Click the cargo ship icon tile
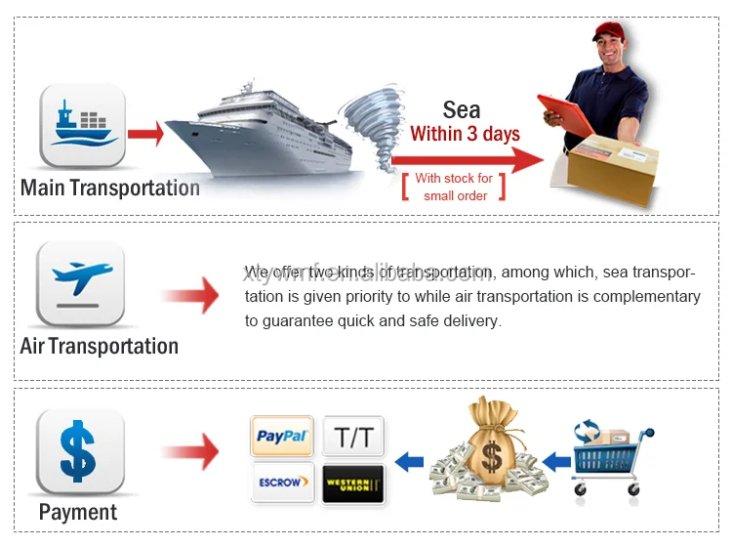(82, 125)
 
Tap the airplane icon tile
(81, 286)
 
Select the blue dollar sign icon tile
(80, 452)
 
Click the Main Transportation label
(109, 187)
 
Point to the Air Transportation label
(99, 346)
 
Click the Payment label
(78, 512)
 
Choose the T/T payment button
(353, 437)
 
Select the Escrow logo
(282, 483)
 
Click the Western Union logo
(353, 483)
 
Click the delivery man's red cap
(609, 31)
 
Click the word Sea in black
(463, 109)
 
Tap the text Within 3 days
(465, 134)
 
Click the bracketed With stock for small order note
(454, 187)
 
